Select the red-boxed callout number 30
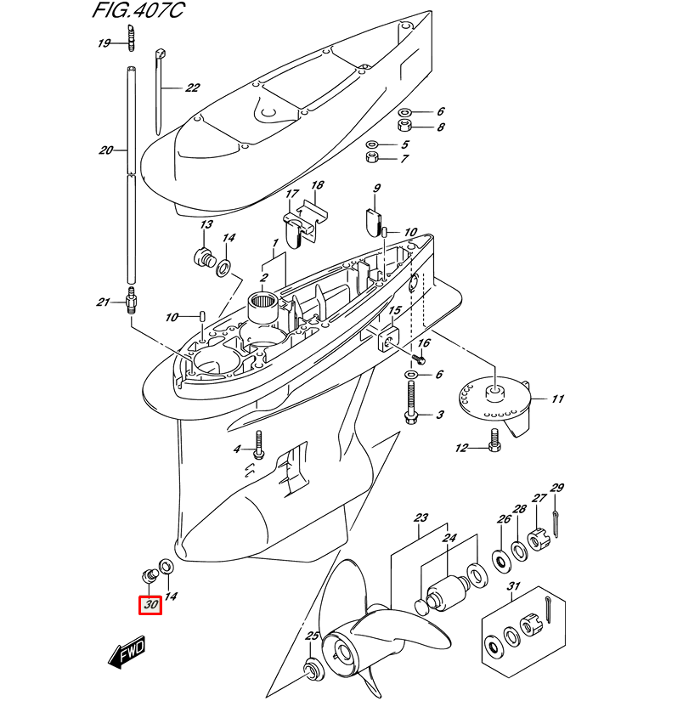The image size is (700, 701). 151,606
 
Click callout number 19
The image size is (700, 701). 104,43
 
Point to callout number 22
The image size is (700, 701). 192,88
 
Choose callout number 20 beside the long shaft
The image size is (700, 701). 105,150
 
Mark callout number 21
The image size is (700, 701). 104,302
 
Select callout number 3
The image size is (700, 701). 440,416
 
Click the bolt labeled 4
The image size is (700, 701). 258,444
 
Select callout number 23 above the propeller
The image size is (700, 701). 421,517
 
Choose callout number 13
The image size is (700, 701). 206,225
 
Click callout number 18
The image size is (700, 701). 317,185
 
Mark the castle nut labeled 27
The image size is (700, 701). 535,540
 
